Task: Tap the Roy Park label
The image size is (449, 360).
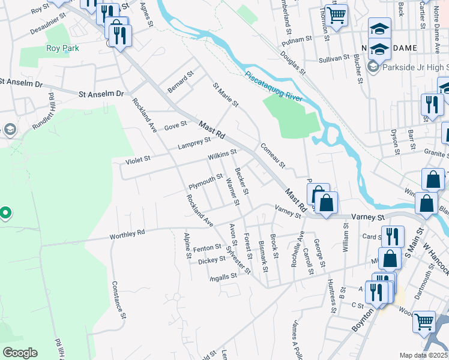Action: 62,49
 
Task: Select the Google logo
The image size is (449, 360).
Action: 20,352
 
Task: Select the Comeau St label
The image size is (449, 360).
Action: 272,155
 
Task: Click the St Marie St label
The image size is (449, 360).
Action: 226,95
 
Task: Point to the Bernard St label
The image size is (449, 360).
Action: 181,83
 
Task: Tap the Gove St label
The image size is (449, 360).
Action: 176,126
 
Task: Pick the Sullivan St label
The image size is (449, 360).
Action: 334,58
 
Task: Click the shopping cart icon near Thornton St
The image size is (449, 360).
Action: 336,15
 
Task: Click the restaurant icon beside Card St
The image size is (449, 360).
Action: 393,236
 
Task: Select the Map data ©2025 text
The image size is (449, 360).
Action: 424,355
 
